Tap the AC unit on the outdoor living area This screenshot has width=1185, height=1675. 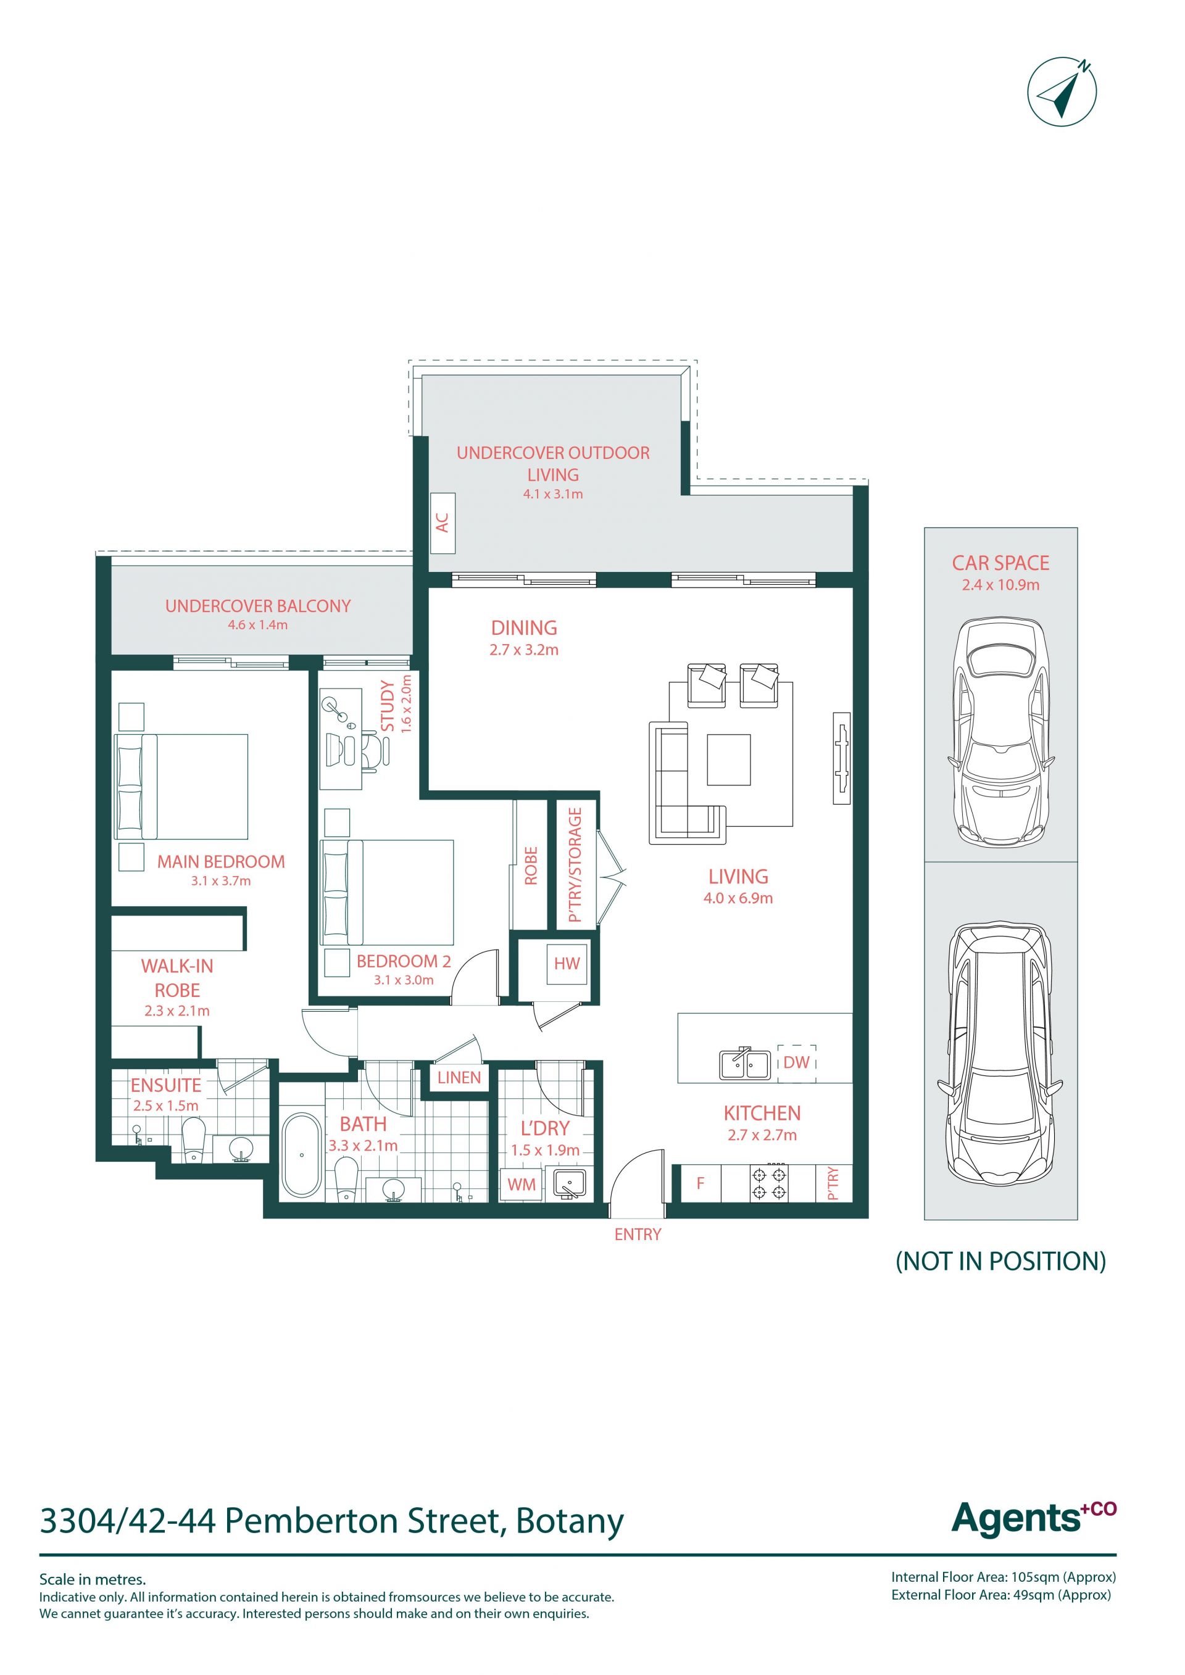tap(442, 523)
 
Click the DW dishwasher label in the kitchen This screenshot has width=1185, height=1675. tap(796, 1062)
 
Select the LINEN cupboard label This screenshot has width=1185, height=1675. tap(459, 1078)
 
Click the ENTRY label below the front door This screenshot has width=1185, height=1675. tap(638, 1235)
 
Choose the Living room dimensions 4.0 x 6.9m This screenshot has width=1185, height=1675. tap(738, 898)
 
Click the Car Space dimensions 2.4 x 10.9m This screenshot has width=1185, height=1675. tap(1000, 584)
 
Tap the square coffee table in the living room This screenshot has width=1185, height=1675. tap(728, 759)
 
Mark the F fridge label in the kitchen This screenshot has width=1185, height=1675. tap(701, 1183)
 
